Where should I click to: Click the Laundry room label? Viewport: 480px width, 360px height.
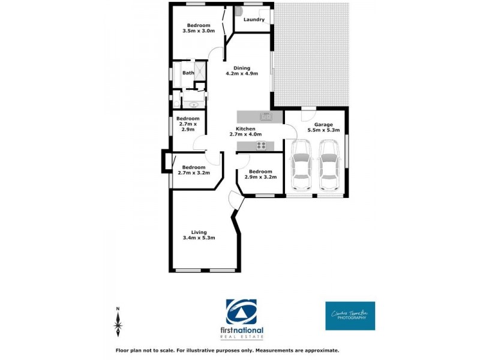tap(254, 20)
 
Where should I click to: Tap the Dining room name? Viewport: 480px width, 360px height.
tap(241, 68)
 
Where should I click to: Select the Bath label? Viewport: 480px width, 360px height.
tap(188, 73)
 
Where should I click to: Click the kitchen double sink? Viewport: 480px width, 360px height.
tap(265, 116)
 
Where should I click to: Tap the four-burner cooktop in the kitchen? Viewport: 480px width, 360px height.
tap(262, 145)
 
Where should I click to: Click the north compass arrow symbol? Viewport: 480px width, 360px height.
tap(118, 323)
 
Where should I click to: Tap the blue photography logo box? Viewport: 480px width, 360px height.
tap(350, 316)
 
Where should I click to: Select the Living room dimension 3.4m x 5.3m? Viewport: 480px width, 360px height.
tap(199, 238)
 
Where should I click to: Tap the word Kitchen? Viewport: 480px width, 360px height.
tap(245, 128)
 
